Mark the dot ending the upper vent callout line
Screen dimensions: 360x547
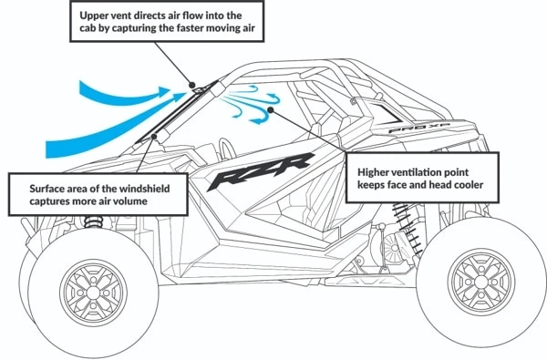click(x=194, y=87)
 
